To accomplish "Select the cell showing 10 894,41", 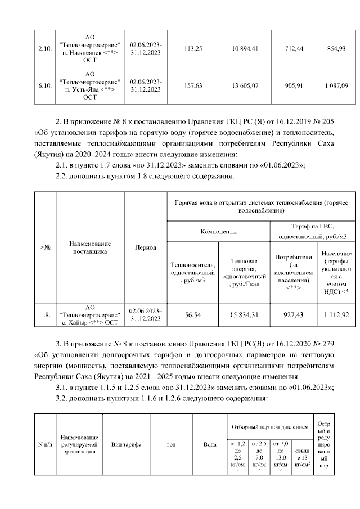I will point(245,49).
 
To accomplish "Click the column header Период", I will point(146,247).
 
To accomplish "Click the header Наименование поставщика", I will point(90,247).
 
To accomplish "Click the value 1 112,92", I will point(336,315).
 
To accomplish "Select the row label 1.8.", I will point(44,315).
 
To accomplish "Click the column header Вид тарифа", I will point(127,445).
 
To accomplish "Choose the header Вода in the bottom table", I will point(210,445).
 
